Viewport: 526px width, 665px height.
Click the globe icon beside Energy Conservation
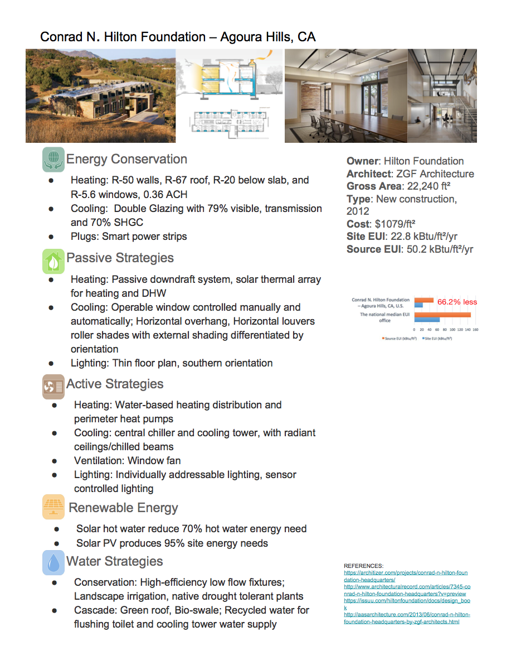(53, 159)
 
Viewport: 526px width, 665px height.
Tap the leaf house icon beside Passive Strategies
(53, 261)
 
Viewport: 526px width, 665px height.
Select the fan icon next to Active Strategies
(53, 386)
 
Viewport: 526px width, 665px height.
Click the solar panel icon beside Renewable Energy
(53, 508)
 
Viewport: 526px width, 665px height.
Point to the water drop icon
(53, 562)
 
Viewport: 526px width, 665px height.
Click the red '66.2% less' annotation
(457, 302)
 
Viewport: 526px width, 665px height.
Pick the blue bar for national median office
(426, 320)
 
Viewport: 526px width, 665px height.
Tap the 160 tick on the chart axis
(475, 330)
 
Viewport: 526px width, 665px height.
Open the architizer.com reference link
(406, 576)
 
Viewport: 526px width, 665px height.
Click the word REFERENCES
(363, 566)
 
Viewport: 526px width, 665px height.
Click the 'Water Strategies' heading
(114, 561)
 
